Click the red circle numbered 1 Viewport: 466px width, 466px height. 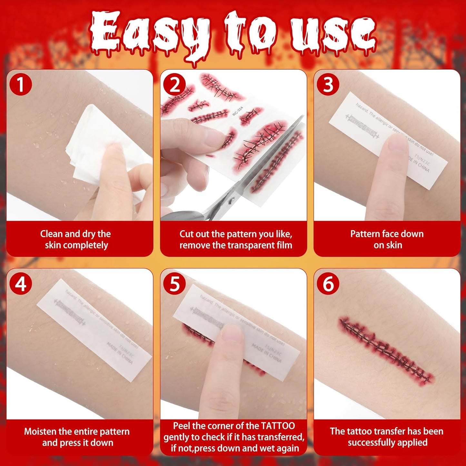tap(21, 84)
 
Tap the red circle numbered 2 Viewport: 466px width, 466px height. tap(174, 85)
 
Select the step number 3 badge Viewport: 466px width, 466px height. tap(328, 84)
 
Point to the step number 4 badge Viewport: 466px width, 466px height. tap(21, 284)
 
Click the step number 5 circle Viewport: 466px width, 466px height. tap(174, 284)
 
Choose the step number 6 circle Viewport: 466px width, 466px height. tap(328, 284)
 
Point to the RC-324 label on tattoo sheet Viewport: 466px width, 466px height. tap(238, 111)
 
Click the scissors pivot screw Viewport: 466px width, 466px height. tap(231, 202)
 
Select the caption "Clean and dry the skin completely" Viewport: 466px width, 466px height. tap(76, 239)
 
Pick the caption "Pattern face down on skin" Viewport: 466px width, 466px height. tap(387, 239)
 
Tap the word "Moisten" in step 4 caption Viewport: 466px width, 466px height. tap(40, 431)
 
